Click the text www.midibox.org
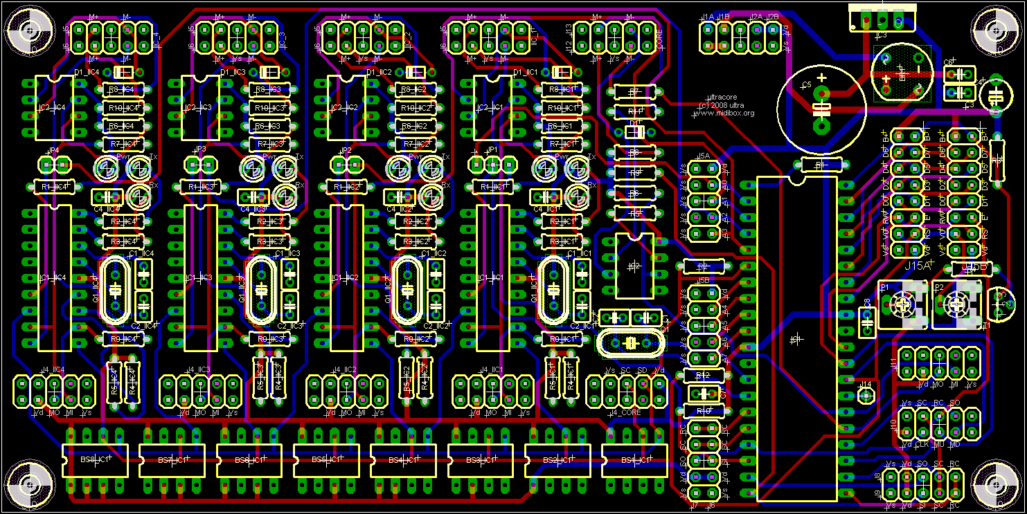tap(724, 113)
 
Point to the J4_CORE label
tap(625, 413)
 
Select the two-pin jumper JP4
tap(54, 165)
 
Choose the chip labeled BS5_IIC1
tap(326, 460)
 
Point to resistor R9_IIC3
tap(269, 339)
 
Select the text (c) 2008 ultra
tap(724, 105)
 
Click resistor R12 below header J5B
tap(704, 375)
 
